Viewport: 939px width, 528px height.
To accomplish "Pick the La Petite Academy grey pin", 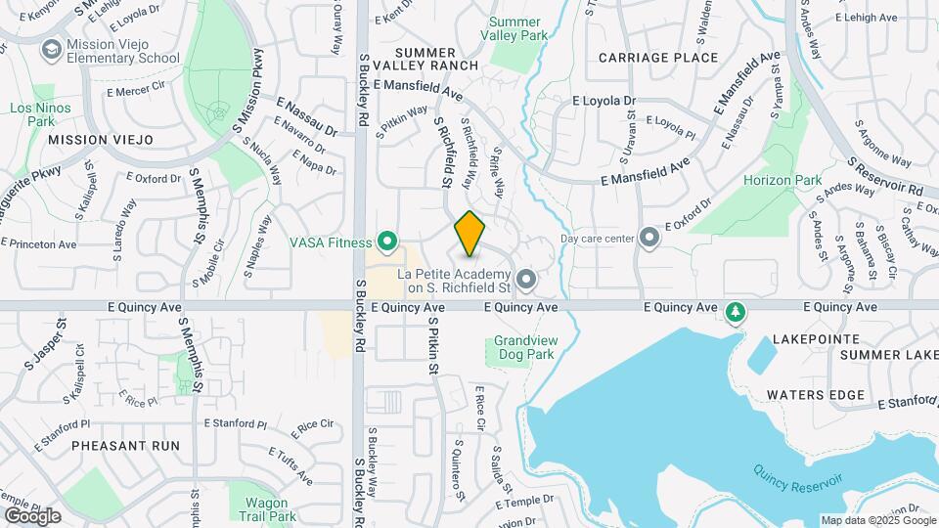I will click(526, 281).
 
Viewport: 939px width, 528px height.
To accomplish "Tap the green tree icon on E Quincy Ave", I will click(735, 312).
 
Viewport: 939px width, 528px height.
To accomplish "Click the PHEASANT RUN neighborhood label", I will click(126, 446).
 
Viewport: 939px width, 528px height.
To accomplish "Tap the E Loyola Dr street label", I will click(604, 101).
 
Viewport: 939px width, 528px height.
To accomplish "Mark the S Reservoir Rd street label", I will click(885, 176).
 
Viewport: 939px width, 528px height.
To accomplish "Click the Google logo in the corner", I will click(32, 515).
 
